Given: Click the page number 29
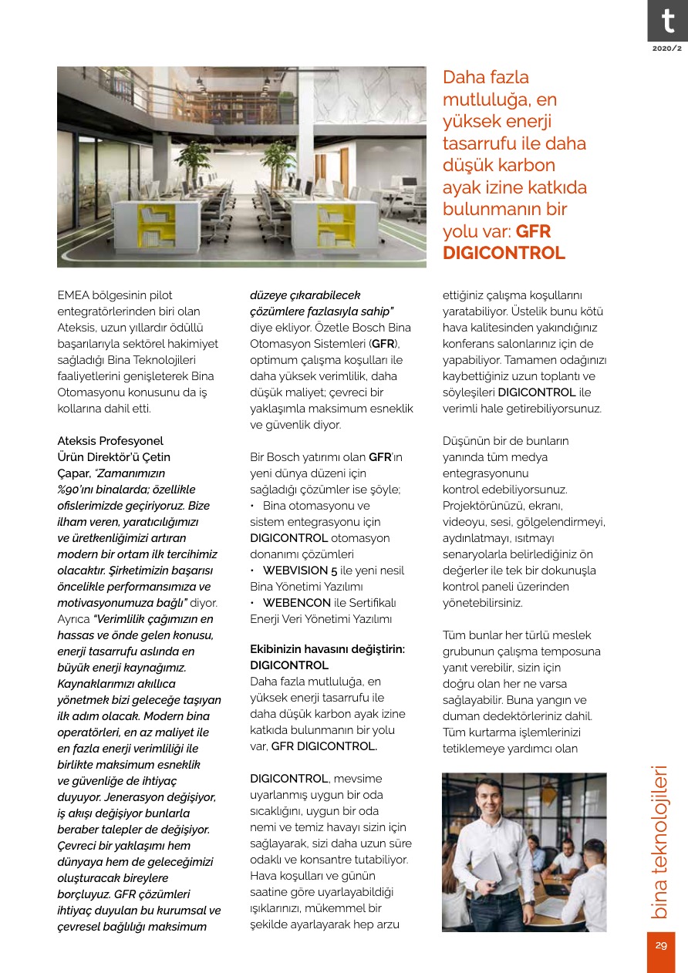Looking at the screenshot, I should coord(660,946).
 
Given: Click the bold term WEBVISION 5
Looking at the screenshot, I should coord(301,571).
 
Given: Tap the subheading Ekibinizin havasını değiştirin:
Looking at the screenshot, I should coord(327,649).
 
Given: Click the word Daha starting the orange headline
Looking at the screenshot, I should coord(465,78).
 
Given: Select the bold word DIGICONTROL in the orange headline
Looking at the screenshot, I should coord(504,253).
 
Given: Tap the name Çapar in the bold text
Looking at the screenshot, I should coord(73,473).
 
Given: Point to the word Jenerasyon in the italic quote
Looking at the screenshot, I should coord(129,796).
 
